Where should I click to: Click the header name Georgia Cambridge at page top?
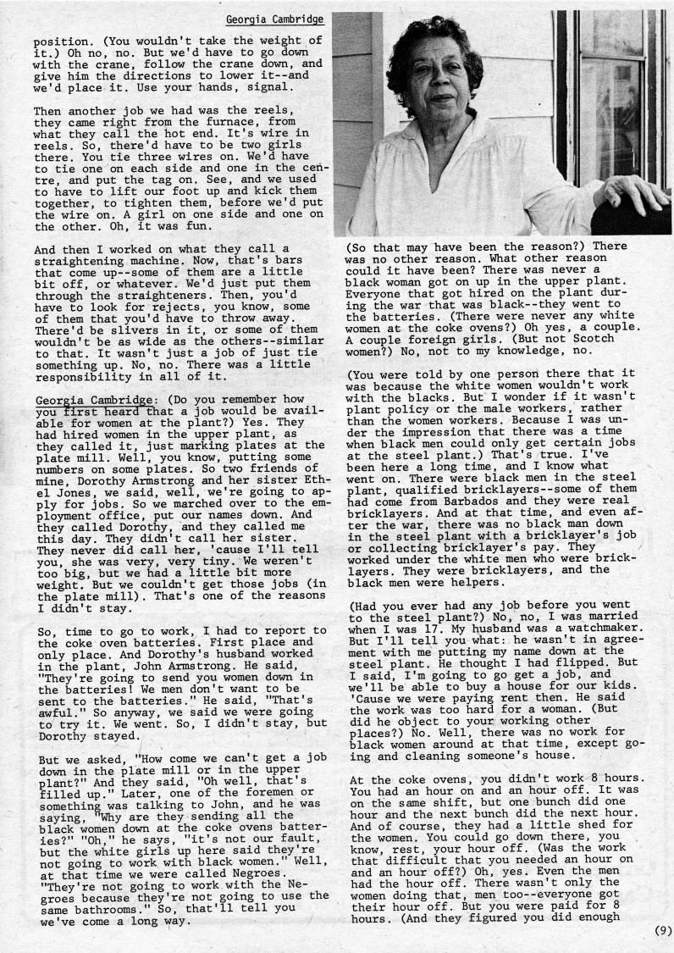point(273,18)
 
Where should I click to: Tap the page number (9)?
point(663,930)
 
